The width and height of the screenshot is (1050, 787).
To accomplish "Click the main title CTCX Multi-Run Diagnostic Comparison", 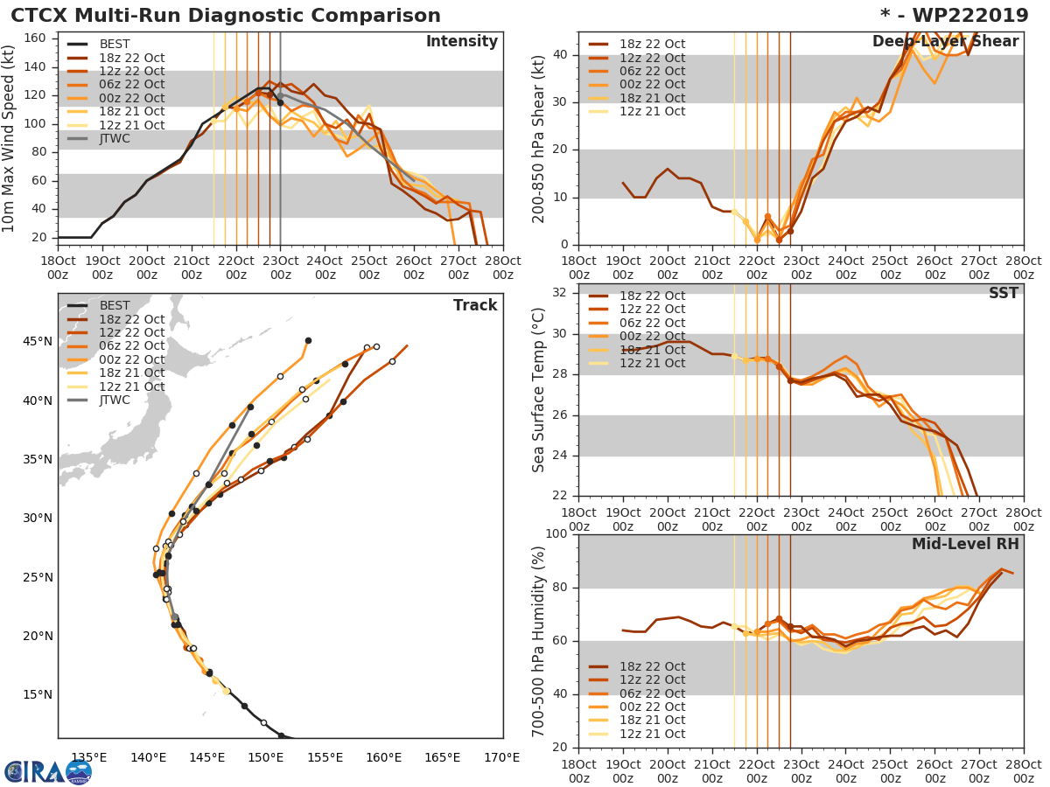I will pyautogui.click(x=226, y=16).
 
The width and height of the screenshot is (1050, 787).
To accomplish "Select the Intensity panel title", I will pyautogui.click(x=461, y=42).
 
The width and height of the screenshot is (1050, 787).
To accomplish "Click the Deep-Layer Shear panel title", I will pyautogui.click(x=945, y=42).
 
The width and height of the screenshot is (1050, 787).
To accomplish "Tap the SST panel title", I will pyautogui.click(x=1003, y=294).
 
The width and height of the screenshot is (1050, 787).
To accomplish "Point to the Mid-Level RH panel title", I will pyautogui.click(x=965, y=545).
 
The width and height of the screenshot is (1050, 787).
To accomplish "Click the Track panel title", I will pyautogui.click(x=475, y=306).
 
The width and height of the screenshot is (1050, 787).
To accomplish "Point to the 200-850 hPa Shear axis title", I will pyautogui.click(x=540, y=138).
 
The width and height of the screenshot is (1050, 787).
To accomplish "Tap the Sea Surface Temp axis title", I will pyautogui.click(x=540, y=390).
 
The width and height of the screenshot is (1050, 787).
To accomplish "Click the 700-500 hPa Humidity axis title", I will pyautogui.click(x=540, y=641).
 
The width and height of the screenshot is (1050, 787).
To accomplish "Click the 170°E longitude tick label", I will pyautogui.click(x=501, y=758).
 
